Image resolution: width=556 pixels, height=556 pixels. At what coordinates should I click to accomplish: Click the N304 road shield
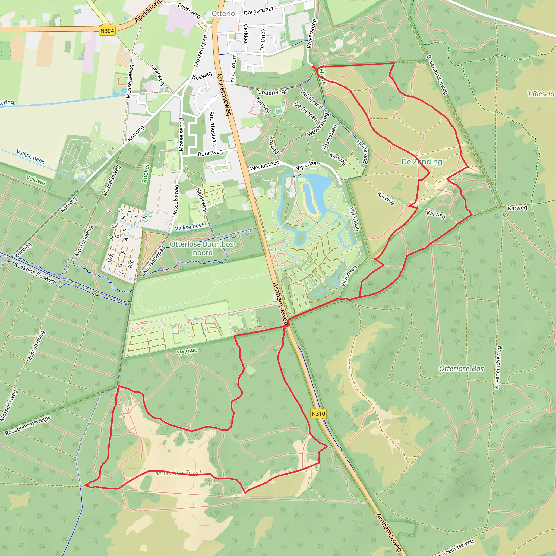(x=107, y=31)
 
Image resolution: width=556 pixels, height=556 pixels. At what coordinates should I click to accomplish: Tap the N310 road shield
(x=318, y=413)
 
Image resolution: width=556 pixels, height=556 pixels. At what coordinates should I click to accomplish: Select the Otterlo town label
(x=223, y=14)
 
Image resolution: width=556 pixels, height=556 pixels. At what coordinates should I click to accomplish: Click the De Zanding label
(x=422, y=162)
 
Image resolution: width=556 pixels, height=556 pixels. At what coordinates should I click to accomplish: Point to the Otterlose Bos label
(x=461, y=369)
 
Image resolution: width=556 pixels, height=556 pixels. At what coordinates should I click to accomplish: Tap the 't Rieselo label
(x=541, y=94)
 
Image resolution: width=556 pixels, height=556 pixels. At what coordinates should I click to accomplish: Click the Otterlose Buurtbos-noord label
(x=203, y=248)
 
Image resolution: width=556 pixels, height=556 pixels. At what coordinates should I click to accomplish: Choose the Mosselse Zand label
(x=178, y=473)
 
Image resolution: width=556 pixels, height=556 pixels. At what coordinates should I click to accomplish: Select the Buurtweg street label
(x=210, y=153)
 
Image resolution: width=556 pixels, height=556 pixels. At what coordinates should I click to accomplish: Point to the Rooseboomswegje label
(x=28, y=425)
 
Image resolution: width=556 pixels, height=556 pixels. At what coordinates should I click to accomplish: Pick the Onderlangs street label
(x=272, y=92)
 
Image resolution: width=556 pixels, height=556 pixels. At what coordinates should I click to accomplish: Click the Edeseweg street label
(x=189, y=10)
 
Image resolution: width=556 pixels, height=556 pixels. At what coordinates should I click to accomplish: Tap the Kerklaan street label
(x=245, y=35)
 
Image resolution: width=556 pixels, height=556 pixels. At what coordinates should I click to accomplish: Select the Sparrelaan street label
(x=330, y=137)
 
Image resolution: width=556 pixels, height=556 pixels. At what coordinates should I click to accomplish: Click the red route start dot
(x=314, y=67)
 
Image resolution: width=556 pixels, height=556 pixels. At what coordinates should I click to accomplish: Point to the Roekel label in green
(x=146, y=173)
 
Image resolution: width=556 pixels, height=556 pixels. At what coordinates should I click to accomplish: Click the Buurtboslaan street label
(x=213, y=128)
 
